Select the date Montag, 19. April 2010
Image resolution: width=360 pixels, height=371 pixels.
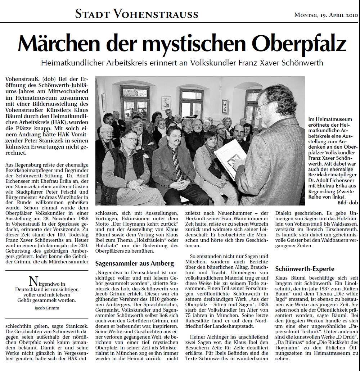click(x=326, y=15)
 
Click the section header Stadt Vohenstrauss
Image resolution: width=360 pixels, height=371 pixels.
click(x=137, y=14)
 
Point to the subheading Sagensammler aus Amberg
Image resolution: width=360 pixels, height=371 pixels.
click(x=134, y=263)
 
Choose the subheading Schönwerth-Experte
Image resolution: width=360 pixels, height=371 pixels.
click(x=305, y=268)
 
